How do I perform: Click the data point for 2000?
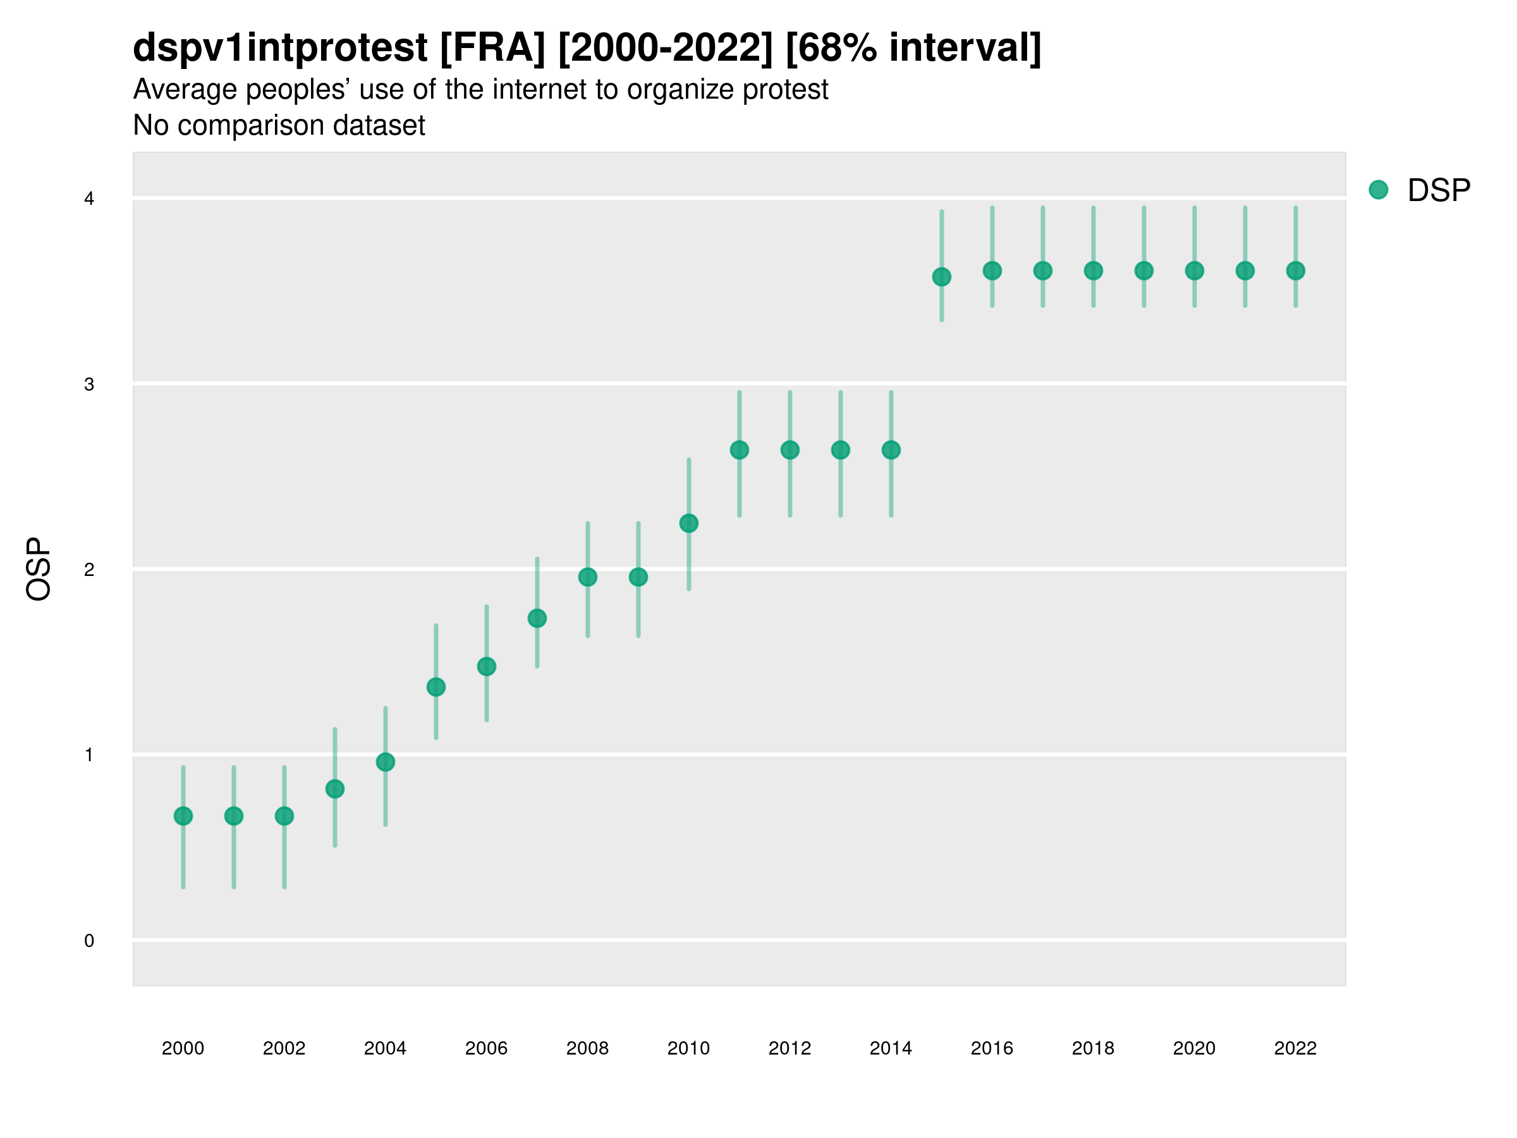pos(183,816)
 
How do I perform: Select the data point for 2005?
pos(436,687)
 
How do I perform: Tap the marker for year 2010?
pos(688,523)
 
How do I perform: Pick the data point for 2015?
pos(942,277)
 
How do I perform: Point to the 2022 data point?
pos(1296,271)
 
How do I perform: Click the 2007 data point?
pos(537,619)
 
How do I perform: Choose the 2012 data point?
pos(790,450)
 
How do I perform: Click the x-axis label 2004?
pos(385,1048)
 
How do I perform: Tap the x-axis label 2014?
pos(891,1048)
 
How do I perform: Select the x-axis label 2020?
pos(1194,1048)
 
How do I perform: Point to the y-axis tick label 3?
pos(89,384)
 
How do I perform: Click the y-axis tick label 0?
pos(89,941)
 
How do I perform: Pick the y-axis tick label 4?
pos(89,199)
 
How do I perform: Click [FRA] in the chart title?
pos(492,47)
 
